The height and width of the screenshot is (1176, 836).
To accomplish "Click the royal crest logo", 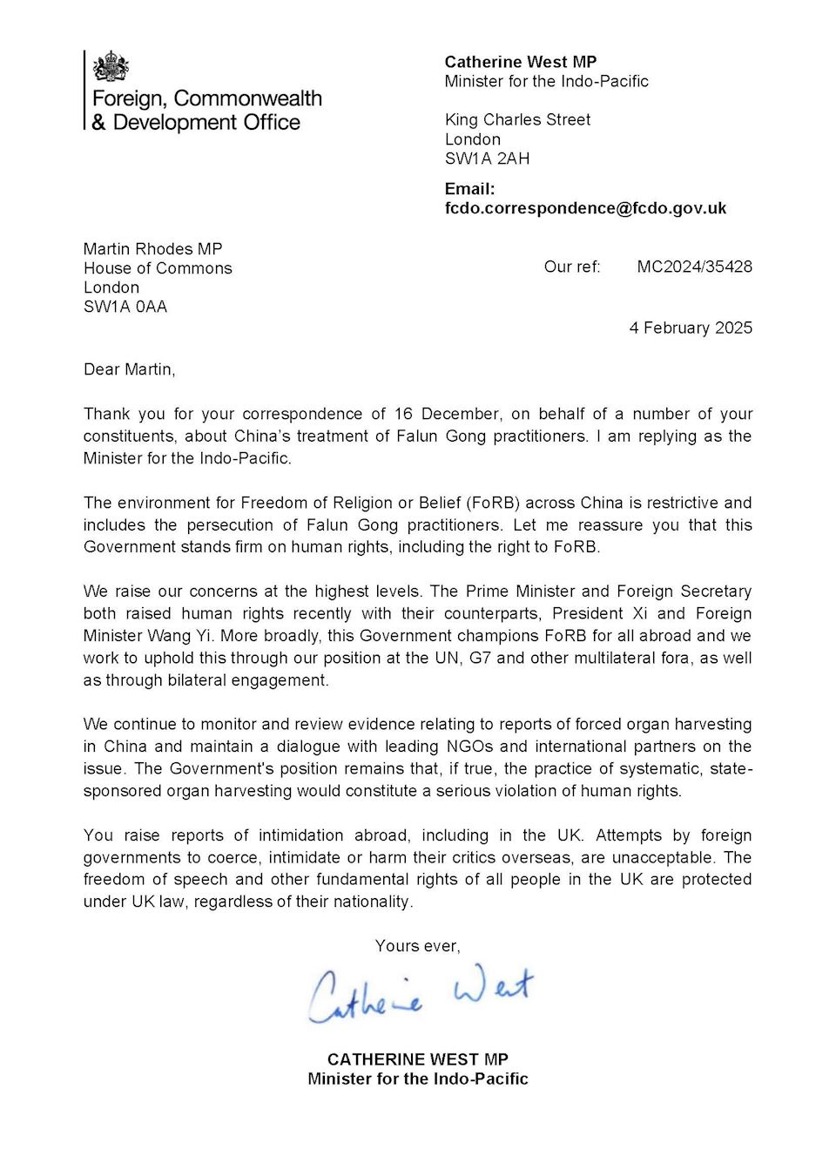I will [111, 66].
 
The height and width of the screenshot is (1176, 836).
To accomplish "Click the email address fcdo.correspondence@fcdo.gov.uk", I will [585, 208].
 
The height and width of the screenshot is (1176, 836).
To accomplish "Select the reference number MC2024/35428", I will [694, 267].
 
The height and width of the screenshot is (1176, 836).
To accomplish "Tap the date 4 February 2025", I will [691, 328].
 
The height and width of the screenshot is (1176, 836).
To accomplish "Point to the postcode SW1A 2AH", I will [487, 159].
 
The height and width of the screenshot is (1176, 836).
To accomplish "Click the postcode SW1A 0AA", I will [125, 307].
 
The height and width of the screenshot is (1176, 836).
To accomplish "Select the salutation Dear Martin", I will [129, 369].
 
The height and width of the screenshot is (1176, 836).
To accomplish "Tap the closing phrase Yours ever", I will [417, 946].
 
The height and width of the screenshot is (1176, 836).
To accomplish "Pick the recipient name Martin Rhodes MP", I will [153, 249].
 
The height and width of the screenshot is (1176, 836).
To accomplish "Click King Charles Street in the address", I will [517, 119].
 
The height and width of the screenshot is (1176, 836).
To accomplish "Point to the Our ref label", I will [572, 267].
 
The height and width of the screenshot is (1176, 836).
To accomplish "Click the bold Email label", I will [469, 189].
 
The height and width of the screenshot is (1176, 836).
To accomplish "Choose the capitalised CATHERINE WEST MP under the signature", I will [418, 1059].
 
